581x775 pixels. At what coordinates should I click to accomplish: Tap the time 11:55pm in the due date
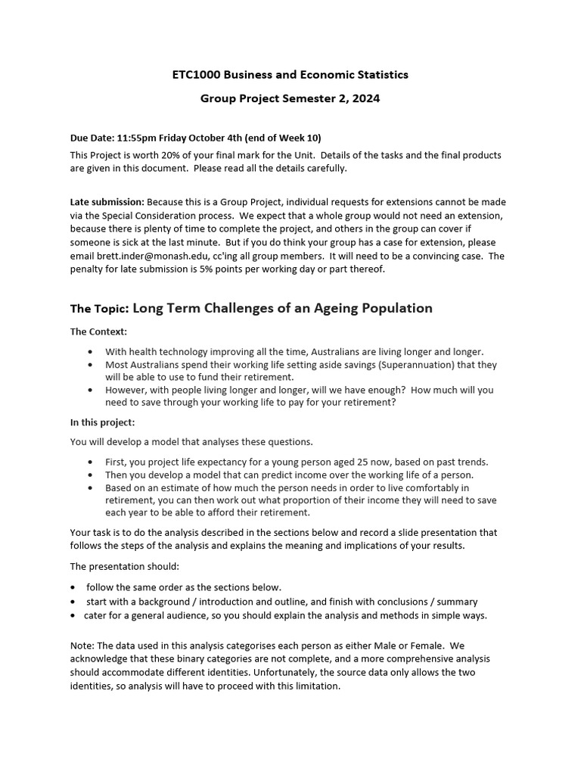point(141,138)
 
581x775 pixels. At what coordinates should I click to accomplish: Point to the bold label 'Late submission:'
point(107,202)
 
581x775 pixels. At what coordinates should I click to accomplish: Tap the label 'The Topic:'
point(99,309)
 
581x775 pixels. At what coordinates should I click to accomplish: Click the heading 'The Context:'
point(99,331)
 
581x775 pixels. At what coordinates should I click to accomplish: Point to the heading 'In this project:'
point(103,422)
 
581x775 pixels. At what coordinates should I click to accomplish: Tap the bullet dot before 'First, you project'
point(92,462)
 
